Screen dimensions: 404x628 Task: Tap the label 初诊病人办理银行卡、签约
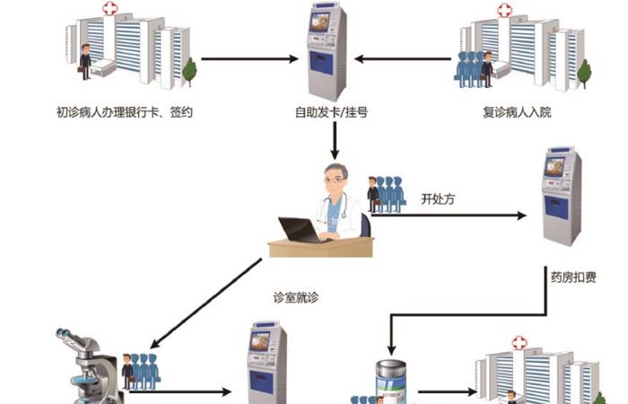pyautogui.click(x=124, y=114)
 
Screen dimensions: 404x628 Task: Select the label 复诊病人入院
pyautogui.click(x=519, y=114)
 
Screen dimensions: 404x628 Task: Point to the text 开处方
pyautogui.click(x=438, y=199)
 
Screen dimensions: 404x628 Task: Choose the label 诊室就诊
pyautogui.click(x=295, y=295)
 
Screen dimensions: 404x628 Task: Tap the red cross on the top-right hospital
pyautogui.click(x=504, y=11)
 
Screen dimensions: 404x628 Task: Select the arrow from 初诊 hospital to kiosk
pyautogui.click(x=250, y=60)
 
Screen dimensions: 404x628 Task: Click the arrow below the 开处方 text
pyautogui.click(x=449, y=215)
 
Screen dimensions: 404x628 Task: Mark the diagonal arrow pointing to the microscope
pyautogui.click(x=207, y=304)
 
